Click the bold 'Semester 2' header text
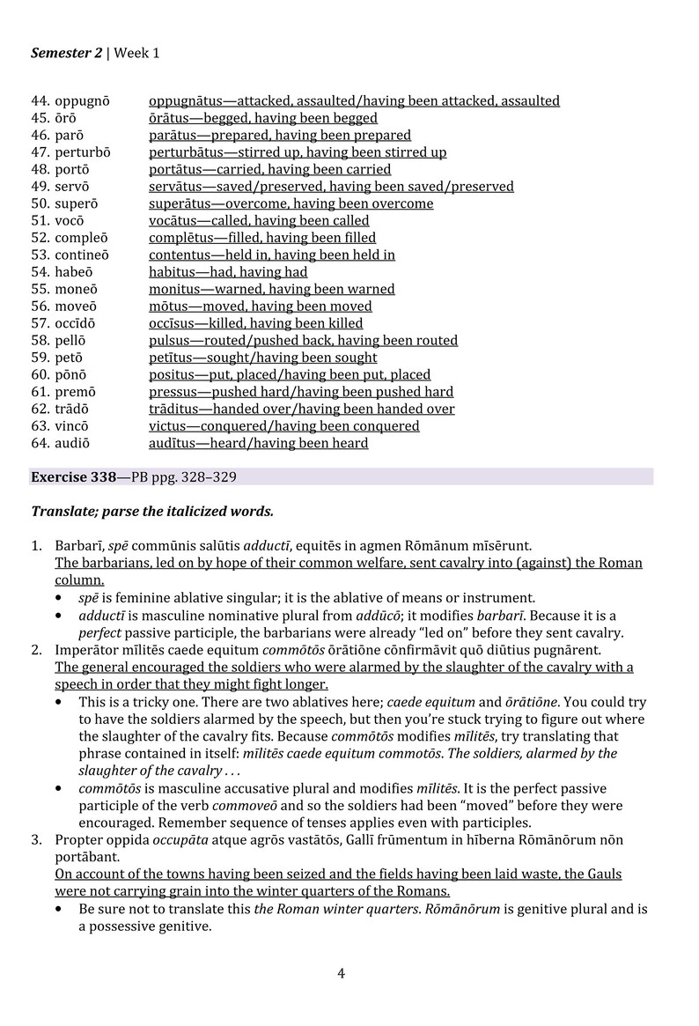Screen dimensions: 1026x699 coord(67,54)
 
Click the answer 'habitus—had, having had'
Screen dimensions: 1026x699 coord(228,272)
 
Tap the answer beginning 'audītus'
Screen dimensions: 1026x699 coord(258,443)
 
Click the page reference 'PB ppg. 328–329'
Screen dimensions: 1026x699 coord(184,477)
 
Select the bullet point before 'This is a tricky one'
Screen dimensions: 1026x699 coord(59,702)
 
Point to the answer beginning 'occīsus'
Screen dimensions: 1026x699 coord(255,323)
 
